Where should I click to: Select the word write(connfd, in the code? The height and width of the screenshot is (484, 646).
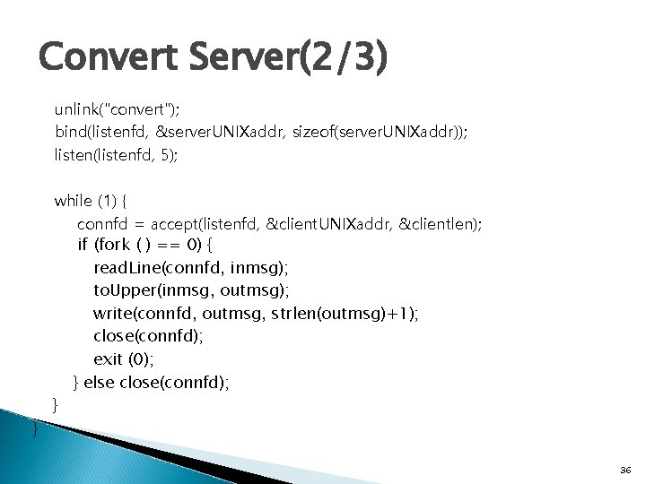(x=145, y=314)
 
